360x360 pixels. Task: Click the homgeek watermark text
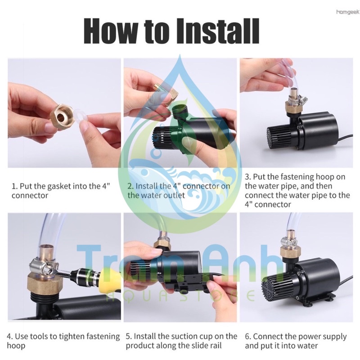click(x=347, y=12)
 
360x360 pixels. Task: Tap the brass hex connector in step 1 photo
click(x=62, y=117)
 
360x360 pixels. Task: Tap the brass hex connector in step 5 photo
click(x=163, y=246)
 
